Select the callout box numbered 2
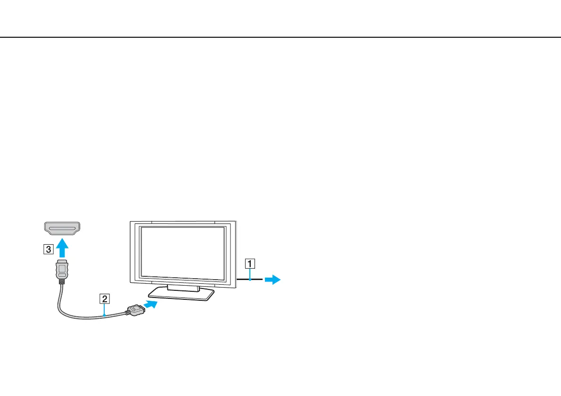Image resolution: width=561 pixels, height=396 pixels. (x=105, y=298)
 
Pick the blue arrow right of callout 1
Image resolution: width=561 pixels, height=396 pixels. (x=273, y=280)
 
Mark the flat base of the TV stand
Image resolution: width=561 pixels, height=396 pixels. (x=181, y=295)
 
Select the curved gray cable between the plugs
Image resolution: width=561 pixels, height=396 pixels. (x=75, y=316)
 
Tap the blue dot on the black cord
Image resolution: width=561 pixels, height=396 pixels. (x=250, y=280)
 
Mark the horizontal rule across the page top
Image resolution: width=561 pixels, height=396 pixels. (x=280, y=37)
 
